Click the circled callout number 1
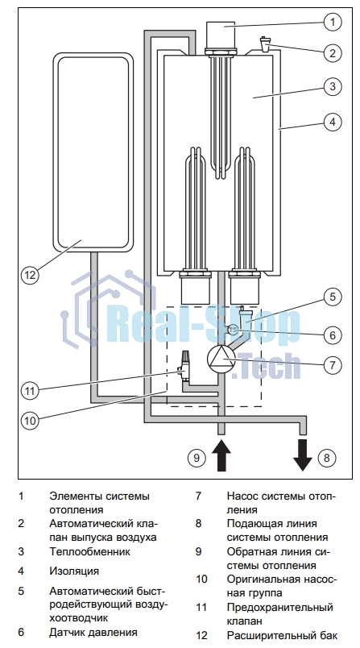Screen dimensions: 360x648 pyautogui.click(x=333, y=21)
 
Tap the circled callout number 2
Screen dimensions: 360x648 pyautogui.click(x=333, y=52)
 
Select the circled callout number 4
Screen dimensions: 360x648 pyautogui.click(x=333, y=122)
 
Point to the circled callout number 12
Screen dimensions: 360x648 pyautogui.click(x=30, y=274)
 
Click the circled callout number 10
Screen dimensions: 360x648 pyautogui.click(x=30, y=420)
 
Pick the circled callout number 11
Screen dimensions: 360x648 pyautogui.click(x=30, y=390)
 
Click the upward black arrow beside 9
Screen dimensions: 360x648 pyautogui.click(x=221, y=455)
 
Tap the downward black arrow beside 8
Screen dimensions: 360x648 pyautogui.click(x=303, y=455)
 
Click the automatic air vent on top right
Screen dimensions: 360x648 pyautogui.click(x=264, y=44)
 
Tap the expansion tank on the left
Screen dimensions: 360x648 pyautogui.click(x=93, y=152)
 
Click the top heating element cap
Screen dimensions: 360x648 pyautogui.click(x=221, y=35)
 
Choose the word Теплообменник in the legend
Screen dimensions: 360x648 pyautogui.click(x=90, y=552)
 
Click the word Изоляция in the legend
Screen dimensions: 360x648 pyautogui.click(x=74, y=571)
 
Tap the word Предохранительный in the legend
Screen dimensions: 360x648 pyautogui.click(x=280, y=608)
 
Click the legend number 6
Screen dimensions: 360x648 pyautogui.click(x=21, y=632)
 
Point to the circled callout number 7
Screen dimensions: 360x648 pyautogui.click(x=333, y=364)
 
